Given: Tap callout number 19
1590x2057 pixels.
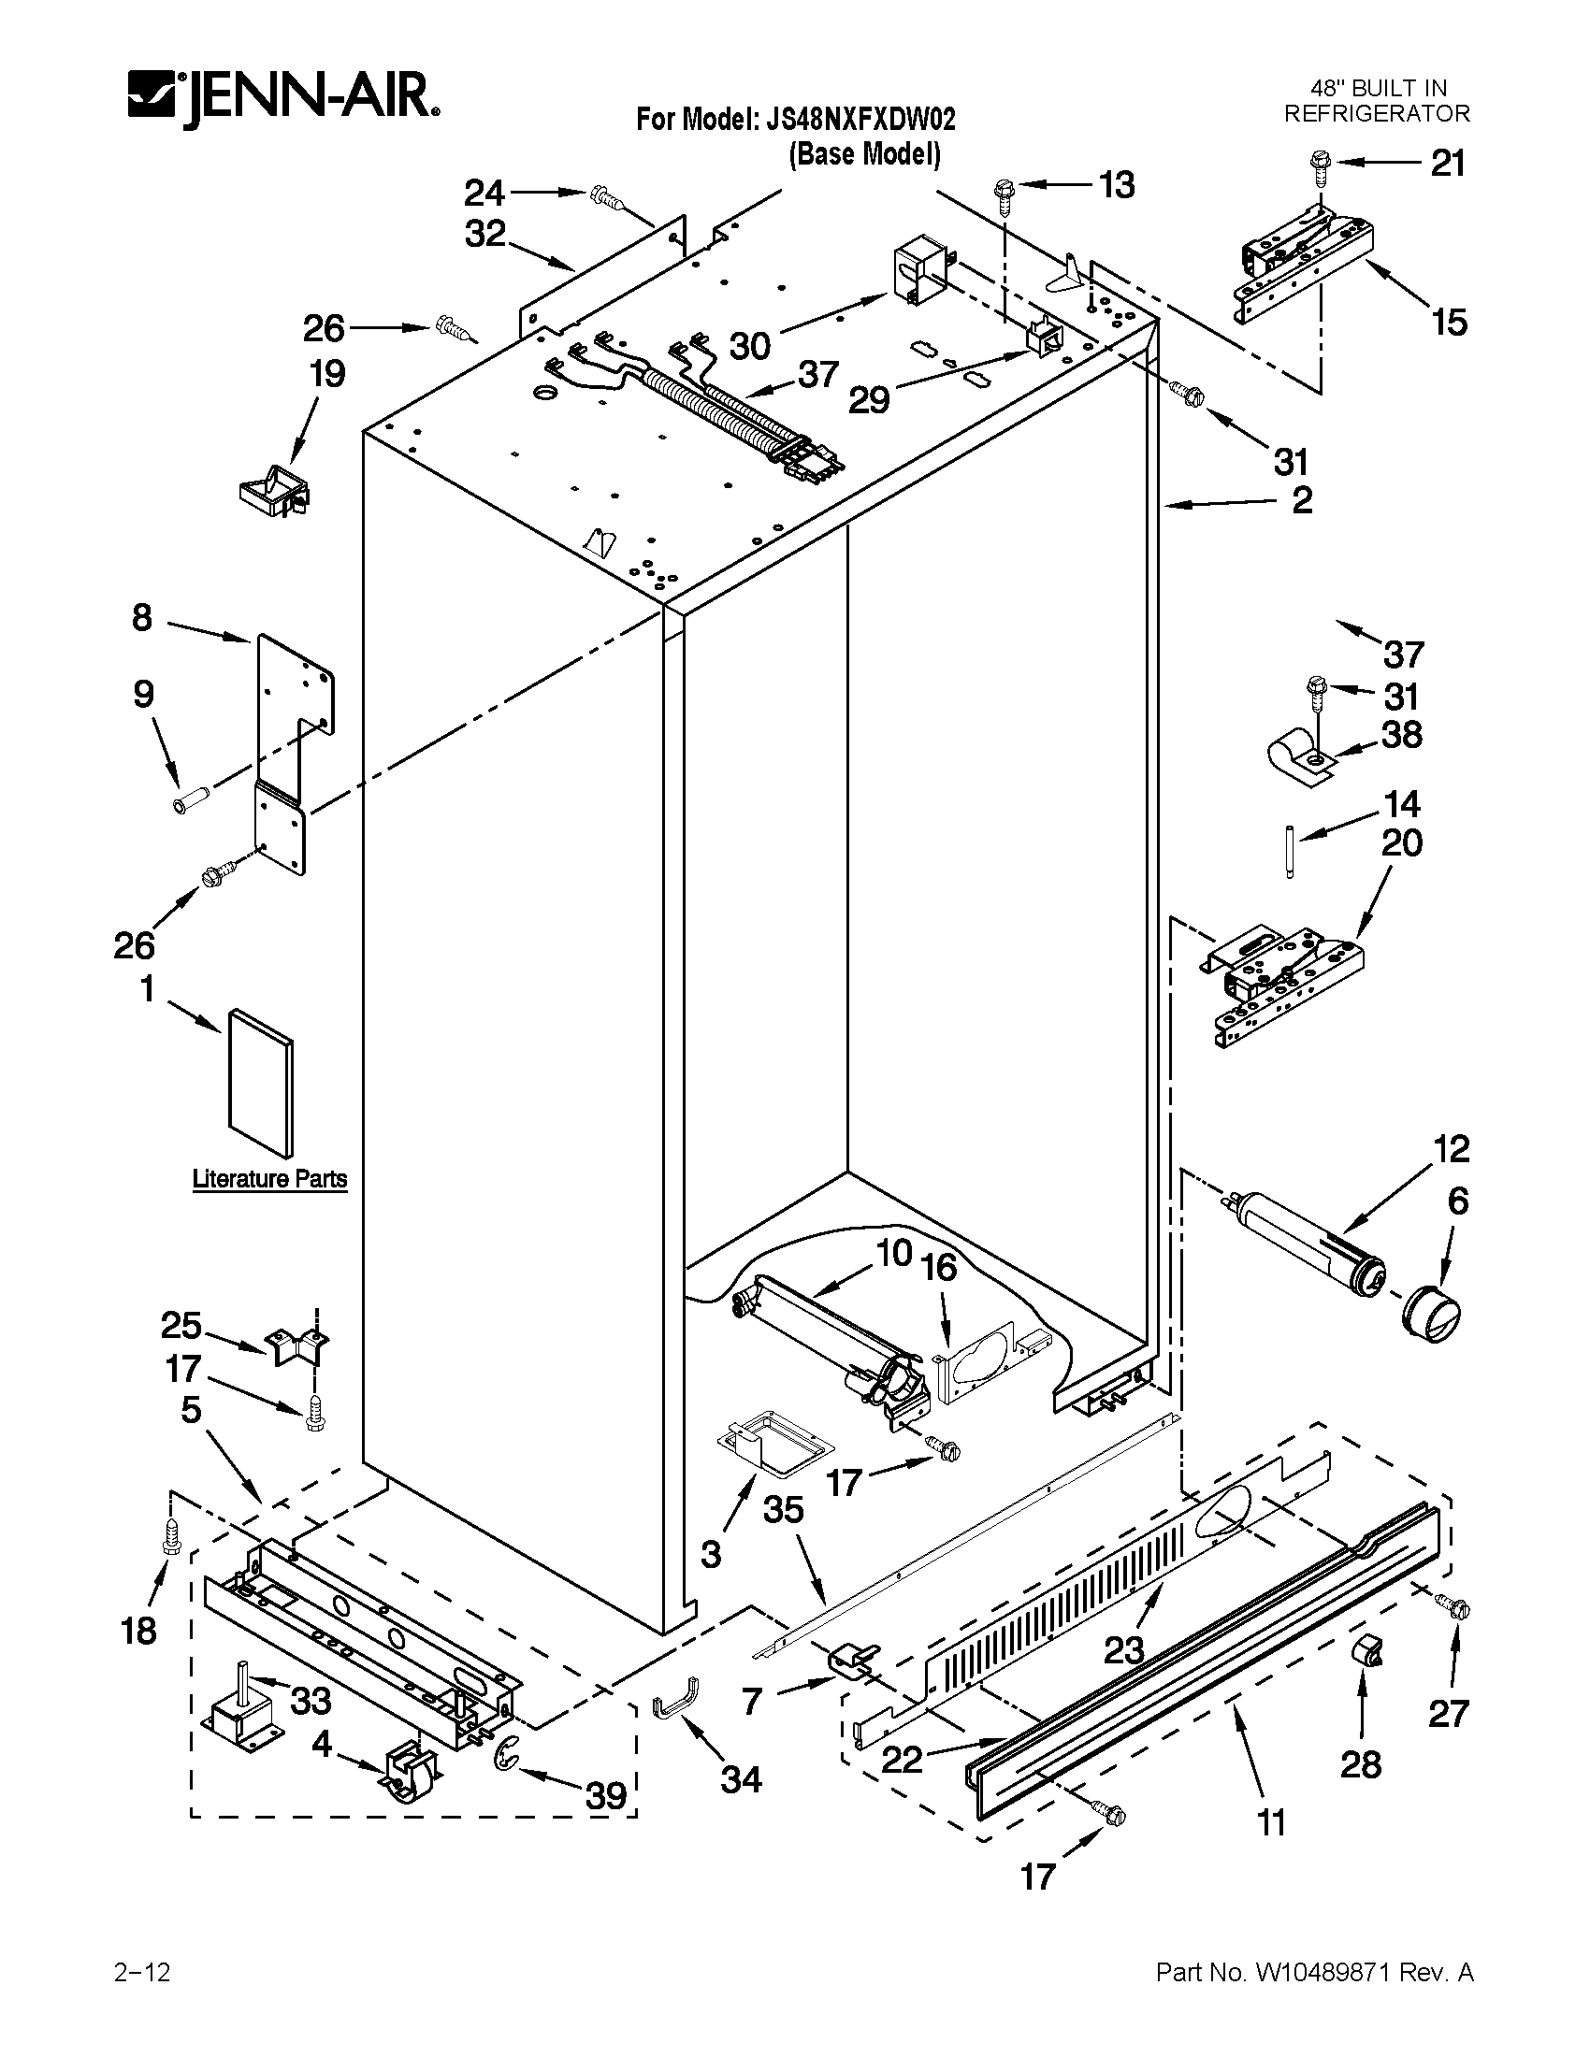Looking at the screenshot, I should [326, 375].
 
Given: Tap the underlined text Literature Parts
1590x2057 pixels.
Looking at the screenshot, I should [269, 1179].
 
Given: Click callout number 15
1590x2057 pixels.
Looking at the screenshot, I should [1450, 324].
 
